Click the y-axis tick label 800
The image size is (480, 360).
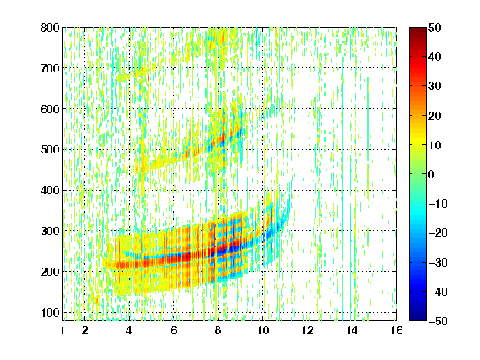50,27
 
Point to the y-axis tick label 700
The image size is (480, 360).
50,68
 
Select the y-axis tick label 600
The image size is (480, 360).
50,109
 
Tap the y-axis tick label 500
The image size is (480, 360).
50,150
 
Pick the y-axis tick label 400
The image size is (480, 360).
50,190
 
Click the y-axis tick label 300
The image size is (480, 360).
50,231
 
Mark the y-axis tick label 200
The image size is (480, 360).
50,272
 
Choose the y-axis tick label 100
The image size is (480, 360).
50,312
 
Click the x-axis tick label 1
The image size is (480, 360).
62,330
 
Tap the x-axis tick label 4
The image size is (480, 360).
129,330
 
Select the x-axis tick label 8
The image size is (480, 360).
217,330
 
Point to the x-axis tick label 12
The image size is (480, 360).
307,330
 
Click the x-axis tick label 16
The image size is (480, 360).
397,330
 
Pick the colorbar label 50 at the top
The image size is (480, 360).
435,27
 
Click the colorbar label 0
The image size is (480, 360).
432,174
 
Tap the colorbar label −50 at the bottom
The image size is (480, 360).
438,321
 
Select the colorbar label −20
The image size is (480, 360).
438,232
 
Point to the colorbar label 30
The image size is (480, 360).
435,87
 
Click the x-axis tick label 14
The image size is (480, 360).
352,330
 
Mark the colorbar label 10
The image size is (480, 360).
435,145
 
